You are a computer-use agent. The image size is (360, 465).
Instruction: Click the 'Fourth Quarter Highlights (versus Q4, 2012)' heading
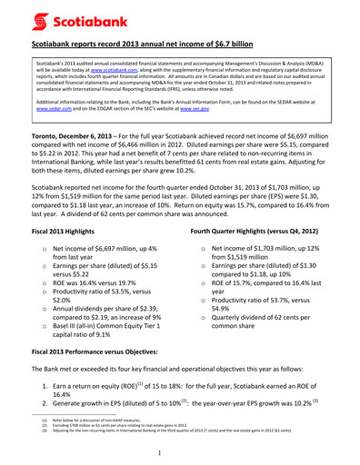coord(263,233)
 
